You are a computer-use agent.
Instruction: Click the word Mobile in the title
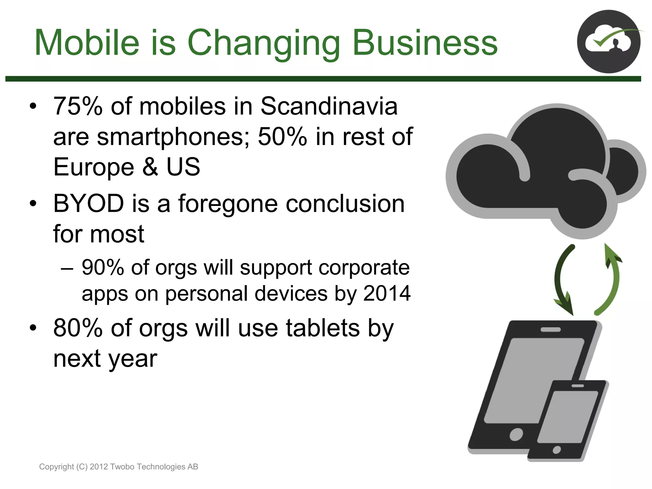87,43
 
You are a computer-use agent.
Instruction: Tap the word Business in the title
425,43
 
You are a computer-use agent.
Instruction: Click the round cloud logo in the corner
608,41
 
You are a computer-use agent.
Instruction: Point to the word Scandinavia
329,106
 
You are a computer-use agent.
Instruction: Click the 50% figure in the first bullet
282,137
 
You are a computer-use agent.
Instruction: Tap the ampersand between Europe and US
150,167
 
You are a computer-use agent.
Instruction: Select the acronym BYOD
89,203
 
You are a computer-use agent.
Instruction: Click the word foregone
228,204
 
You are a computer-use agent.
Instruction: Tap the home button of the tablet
516,435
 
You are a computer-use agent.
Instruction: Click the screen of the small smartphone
568,417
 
